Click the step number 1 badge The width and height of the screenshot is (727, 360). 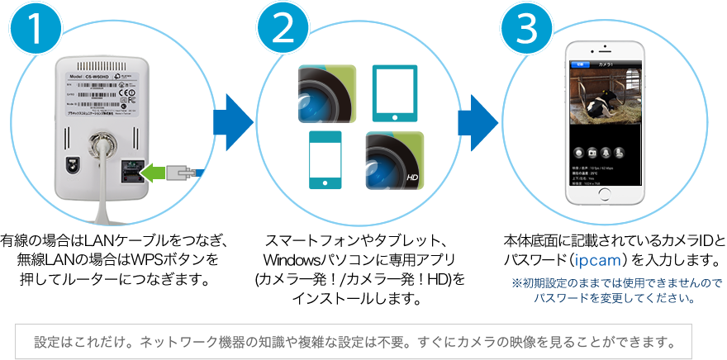tap(34, 33)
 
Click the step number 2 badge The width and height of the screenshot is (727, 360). tap(282, 33)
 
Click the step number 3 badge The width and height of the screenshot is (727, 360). tap(530, 33)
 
